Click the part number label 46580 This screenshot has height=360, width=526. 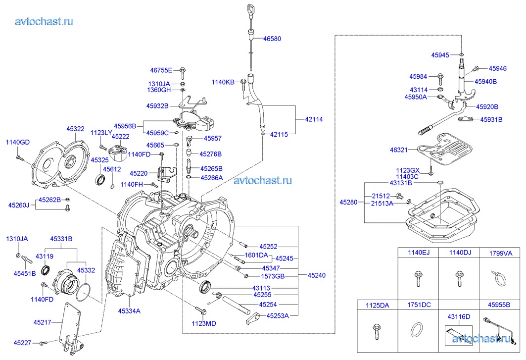pyautogui.click(x=272, y=39)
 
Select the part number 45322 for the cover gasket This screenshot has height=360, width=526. pyautogui.click(x=75, y=129)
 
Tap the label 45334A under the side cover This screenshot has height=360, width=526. pyautogui.click(x=129, y=311)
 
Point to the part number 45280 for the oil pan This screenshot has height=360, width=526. pyautogui.click(x=348, y=202)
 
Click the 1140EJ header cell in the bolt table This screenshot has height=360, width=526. pyautogui.click(x=418, y=253)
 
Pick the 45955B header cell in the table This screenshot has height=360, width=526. pyautogui.click(x=498, y=306)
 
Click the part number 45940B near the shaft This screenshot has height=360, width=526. pyautogui.click(x=485, y=81)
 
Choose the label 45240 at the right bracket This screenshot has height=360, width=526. pyautogui.click(x=316, y=275)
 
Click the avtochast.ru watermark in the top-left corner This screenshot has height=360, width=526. pyautogui.click(x=45, y=21)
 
